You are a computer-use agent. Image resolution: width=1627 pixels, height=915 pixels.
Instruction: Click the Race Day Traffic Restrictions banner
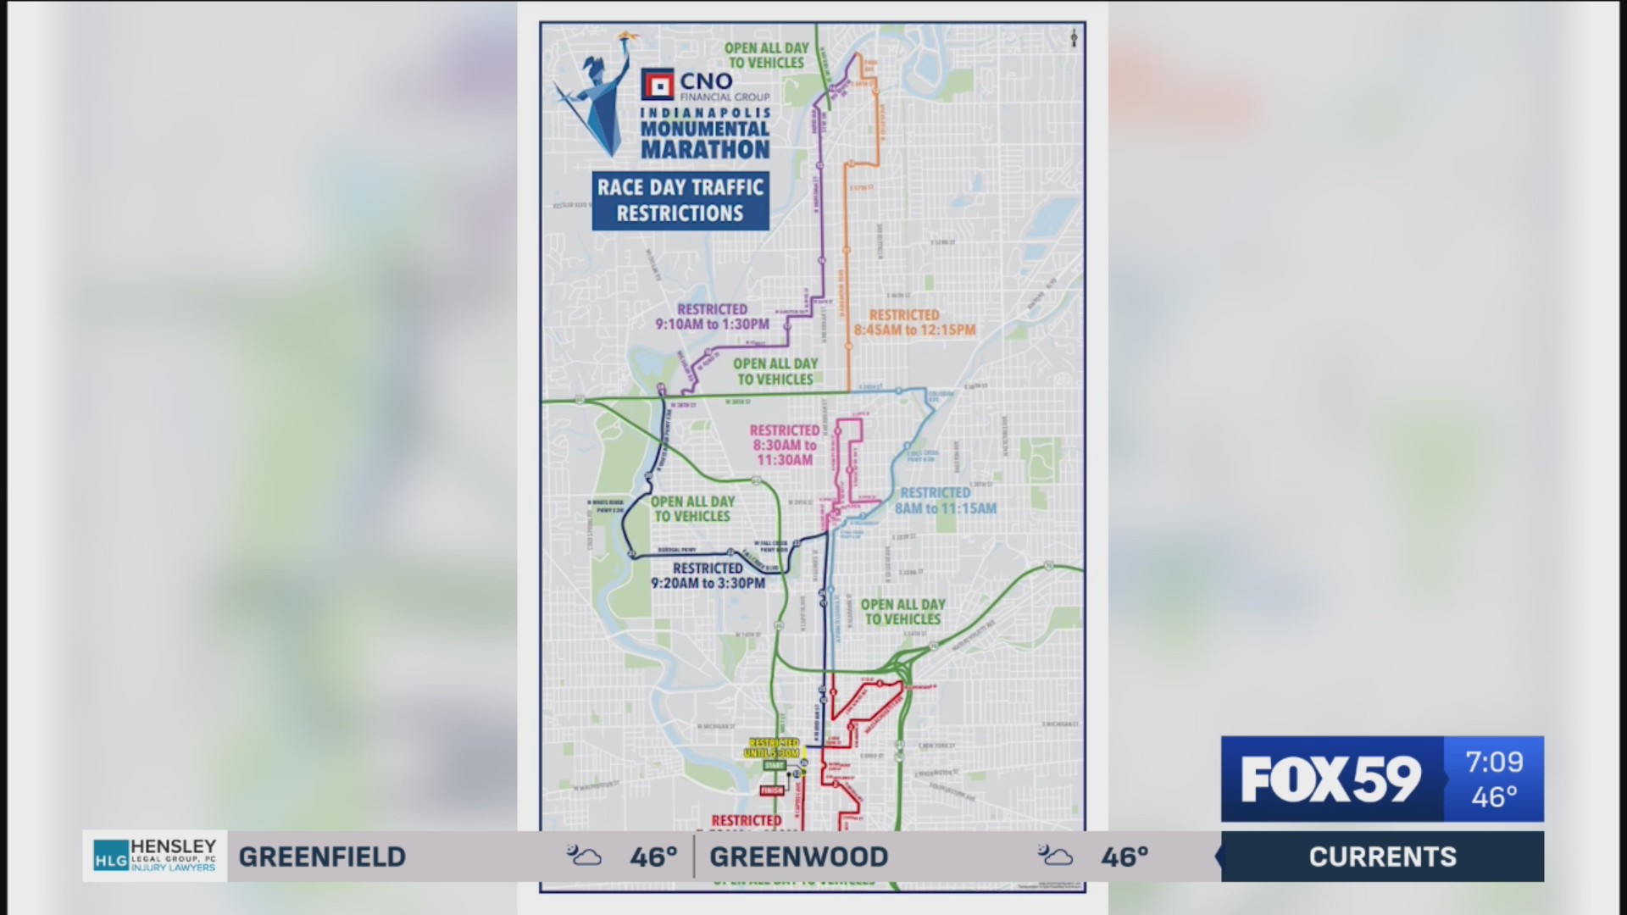click(680, 201)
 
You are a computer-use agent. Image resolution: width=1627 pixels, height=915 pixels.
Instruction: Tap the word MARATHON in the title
click(705, 150)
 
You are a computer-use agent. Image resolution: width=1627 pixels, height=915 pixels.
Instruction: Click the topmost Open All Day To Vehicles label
click(766, 56)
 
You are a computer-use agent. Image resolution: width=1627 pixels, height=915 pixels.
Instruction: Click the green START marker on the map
click(774, 765)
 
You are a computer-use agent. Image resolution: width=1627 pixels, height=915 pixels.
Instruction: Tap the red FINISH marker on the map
click(772, 790)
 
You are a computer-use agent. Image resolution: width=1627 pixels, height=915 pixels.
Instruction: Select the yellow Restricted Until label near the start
click(772, 748)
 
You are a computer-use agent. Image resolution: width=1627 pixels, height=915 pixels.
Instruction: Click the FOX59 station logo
click(1330, 779)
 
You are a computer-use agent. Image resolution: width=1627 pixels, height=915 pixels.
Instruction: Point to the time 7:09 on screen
click(1494, 762)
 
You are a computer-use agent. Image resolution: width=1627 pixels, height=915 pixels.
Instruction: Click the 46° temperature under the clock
click(1494, 797)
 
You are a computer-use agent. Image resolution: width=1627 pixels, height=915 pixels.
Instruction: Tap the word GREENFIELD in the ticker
click(322, 857)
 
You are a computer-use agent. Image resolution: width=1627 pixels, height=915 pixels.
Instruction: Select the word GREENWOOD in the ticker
click(798, 857)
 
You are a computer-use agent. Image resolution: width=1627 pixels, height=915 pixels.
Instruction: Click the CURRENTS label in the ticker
click(1382, 857)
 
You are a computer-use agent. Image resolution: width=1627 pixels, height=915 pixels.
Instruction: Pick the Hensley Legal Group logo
click(155, 856)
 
